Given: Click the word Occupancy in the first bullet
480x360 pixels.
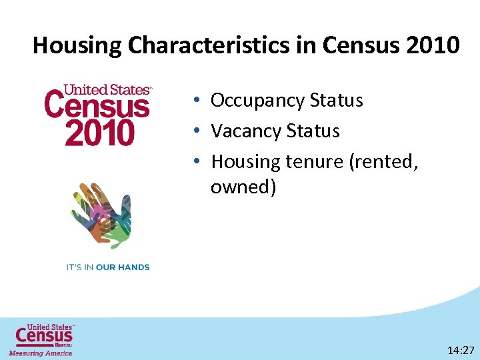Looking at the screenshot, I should point(257,101).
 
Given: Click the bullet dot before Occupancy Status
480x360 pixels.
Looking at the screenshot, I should point(199,101).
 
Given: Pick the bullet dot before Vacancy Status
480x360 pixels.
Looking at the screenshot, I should point(199,131).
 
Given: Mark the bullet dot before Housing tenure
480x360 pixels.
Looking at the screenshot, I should point(199,161).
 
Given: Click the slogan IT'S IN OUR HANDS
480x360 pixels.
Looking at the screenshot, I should point(107,267).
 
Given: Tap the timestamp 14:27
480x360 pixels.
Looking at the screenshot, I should point(461,350).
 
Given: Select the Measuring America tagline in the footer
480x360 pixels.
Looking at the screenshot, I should point(41,353).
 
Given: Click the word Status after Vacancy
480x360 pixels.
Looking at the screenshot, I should point(313,131).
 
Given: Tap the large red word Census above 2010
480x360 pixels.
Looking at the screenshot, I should point(97,107).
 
